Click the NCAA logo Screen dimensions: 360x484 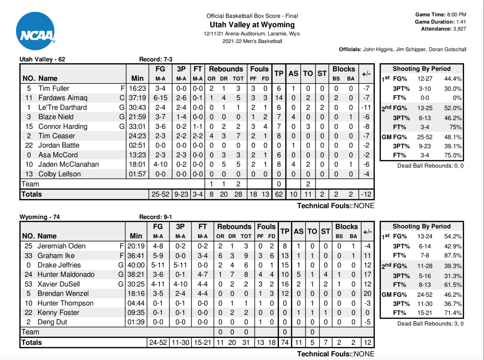pos(35,31)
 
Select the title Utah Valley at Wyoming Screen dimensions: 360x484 pos(252,25)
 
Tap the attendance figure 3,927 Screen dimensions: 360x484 pos(459,29)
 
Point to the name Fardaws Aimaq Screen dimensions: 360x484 pos(63,98)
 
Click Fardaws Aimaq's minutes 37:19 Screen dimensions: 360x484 pos(137,98)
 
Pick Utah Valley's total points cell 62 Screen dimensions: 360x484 pos(279,194)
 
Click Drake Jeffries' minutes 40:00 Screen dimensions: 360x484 pos(136,265)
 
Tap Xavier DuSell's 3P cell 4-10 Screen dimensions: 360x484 pos(180,284)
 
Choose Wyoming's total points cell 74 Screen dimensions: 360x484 pos(285,342)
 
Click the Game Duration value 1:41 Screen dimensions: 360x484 pos(461,22)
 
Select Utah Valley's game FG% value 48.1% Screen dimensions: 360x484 pos(453,137)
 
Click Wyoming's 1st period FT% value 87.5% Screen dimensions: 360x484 pos(453,255)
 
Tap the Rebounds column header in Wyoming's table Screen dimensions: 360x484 pos(234,227)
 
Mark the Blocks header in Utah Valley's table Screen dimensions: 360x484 pos(343,69)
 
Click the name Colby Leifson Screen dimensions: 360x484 pos(60,174)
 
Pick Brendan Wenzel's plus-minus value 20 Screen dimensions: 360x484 pos(367,293)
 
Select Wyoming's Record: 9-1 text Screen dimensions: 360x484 pos(155,217)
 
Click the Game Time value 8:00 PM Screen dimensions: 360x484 pos(457,15)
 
